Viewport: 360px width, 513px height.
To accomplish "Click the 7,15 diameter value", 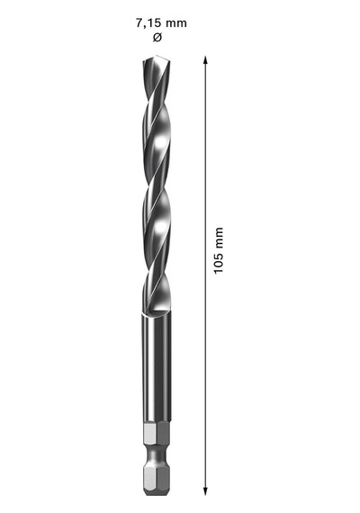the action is tap(148, 23).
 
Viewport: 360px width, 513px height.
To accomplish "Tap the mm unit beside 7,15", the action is tap(176, 23).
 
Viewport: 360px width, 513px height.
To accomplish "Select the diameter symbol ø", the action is tap(157, 38).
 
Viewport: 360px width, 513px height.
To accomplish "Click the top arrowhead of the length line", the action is tap(205, 60).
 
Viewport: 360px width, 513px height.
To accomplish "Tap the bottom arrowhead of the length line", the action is tap(205, 491).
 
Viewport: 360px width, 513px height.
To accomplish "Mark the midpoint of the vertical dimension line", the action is tap(205, 275).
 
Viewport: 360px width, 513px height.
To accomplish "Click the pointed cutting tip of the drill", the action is tap(157, 55).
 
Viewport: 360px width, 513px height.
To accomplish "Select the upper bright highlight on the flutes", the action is tap(161, 142).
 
